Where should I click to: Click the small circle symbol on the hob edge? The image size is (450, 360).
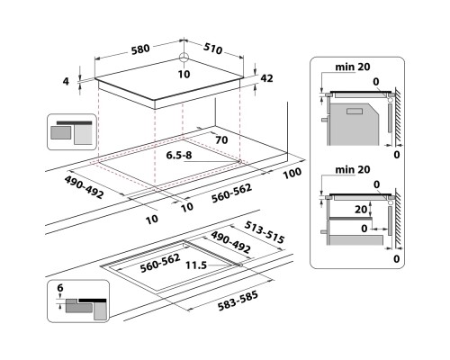[183, 59]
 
